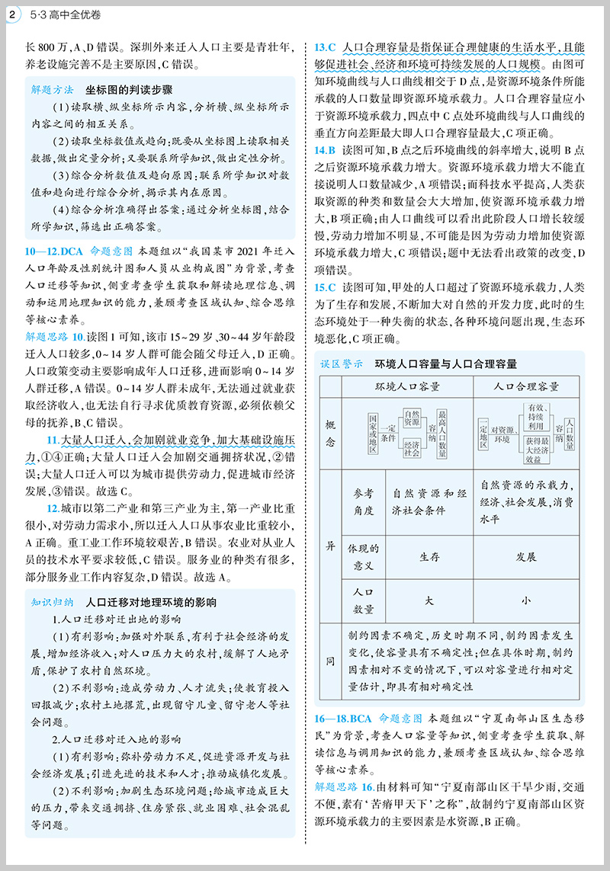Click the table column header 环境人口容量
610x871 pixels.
click(x=408, y=386)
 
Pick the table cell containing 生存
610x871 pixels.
click(x=429, y=556)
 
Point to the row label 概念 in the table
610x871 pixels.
click(x=330, y=433)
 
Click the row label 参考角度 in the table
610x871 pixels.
click(x=363, y=501)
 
